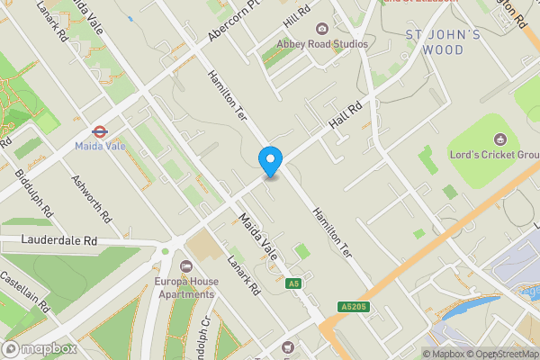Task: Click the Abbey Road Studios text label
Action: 322,44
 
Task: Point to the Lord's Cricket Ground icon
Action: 501,139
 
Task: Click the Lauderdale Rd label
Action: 61,241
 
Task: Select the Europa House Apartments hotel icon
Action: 186,266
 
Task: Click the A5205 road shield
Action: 355,307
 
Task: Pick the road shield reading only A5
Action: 293,283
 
